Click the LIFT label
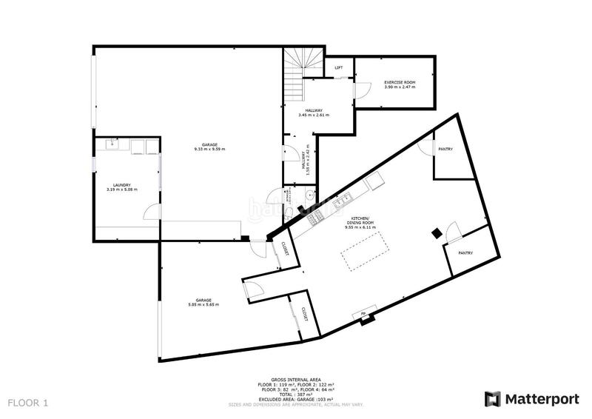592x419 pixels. coord(339,68)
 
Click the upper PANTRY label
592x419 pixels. coord(445,149)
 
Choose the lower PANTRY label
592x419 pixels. coord(465,253)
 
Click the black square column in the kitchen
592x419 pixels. coord(437,232)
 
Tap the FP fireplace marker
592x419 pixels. coord(363,315)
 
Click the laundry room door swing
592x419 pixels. coord(150,213)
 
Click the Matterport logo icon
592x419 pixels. coord(492,399)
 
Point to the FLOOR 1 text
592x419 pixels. coord(28,403)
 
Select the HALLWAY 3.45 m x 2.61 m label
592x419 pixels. coord(314,113)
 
